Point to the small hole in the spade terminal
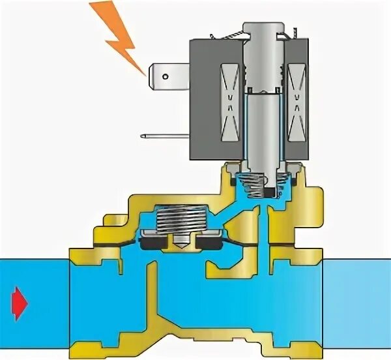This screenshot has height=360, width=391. coord(165,77)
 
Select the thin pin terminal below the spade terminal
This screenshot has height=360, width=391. coord(163,136)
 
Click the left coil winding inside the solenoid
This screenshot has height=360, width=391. coord(230,95)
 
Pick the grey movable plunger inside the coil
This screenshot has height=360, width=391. coord(265,124)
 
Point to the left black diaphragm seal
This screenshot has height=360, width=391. coord(152,243)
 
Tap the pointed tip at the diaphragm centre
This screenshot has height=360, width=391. coord(180,248)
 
